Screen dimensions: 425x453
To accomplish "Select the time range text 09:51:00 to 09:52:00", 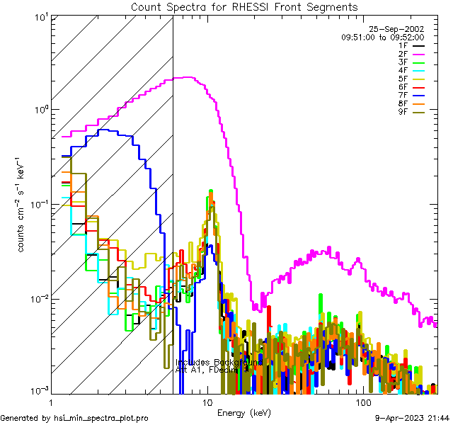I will point(382,37).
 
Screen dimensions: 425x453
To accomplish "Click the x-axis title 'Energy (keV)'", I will point(244,412).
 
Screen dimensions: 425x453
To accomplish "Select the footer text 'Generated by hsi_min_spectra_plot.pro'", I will point(75,419).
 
